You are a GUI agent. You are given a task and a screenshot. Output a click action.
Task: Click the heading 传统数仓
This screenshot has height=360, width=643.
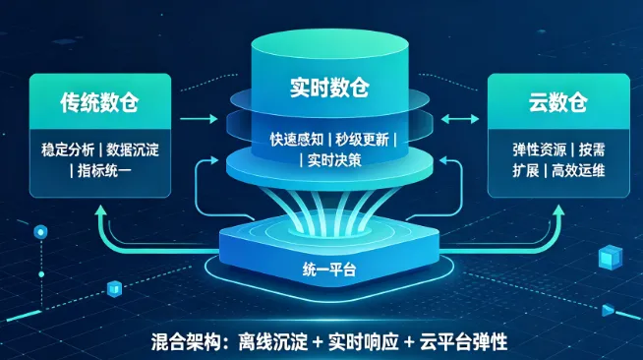coord(99,101)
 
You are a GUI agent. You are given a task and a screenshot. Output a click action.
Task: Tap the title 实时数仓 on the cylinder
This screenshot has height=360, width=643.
coord(329,87)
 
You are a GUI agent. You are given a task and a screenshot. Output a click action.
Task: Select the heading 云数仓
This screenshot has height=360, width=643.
coord(558,101)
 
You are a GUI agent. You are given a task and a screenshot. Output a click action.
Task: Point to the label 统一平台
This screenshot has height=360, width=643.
coord(329,270)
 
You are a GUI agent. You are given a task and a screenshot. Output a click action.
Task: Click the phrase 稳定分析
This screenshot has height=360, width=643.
coord(68,150)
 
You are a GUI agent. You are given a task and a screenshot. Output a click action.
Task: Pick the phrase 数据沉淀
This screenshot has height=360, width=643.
coord(133,150)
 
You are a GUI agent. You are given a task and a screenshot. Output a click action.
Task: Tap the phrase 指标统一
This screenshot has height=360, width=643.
coord(104,170)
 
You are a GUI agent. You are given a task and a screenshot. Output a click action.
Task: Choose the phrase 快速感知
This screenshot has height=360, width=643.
coord(297,140)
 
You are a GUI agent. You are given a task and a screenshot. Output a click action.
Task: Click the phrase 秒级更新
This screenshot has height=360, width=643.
coord(362,140)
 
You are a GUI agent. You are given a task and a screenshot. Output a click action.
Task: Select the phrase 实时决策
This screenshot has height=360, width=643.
coord(334,160)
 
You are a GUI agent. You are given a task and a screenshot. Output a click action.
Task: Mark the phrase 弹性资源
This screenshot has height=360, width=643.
coord(539,150)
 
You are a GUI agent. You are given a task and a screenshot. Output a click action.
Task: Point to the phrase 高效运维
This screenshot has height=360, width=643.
coord(578,170)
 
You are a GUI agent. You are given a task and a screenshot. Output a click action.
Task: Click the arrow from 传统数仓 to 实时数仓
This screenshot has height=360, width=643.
coord(199,119)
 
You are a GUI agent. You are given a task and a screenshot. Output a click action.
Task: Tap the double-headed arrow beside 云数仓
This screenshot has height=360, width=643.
coord(460,119)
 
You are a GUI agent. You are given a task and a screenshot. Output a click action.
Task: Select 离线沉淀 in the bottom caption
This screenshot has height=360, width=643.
coord(273,342)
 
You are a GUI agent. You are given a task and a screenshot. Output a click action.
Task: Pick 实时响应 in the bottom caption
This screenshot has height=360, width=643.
coord(364,342)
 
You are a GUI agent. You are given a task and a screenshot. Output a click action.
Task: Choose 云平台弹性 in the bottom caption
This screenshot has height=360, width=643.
coord(463,342)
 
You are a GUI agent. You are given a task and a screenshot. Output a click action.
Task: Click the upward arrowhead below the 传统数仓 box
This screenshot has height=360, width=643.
coord(100,210)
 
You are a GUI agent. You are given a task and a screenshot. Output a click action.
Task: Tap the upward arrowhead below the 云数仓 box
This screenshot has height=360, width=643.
coord(558,210)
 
